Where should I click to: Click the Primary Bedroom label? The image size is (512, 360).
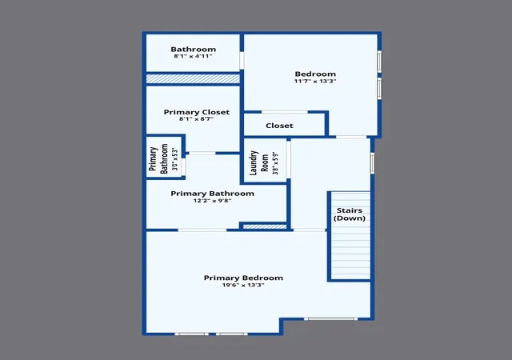(x=243, y=278)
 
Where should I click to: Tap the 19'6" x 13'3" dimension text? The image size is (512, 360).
(x=243, y=285)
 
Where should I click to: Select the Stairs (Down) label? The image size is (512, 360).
(x=350, y=214)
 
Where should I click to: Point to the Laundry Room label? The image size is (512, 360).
(x=259, y=162)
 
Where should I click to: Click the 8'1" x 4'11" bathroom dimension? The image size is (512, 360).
(x=194, y=56)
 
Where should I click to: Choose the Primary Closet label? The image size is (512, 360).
(x=197, y=112)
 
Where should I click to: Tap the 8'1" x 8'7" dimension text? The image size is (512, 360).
(x=196, y=119)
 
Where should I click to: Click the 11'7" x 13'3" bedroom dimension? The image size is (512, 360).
(x=315, y=81)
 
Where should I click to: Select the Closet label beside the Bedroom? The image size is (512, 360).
(x=279, y=126)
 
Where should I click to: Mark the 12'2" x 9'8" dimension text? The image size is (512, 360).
(x=212, y=201)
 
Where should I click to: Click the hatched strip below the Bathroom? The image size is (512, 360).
(x=193, y=78)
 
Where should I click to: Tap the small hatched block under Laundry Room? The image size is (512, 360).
(x=265, y=226)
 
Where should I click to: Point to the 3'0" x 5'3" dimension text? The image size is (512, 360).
(x=175, y=159)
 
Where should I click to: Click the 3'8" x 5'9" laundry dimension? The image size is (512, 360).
(x=276, y=163)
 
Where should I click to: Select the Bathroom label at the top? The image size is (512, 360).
(x=194, y=50)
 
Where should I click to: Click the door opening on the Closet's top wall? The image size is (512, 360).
(x=285, y=112)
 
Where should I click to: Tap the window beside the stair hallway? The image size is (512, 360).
(x=372, y=163)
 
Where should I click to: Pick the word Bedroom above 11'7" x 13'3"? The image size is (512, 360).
(x=315, y=74)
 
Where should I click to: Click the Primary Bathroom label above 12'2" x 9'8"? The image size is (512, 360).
(x=212, y=194)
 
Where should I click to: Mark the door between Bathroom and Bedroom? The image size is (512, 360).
(x=242, y=61)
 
